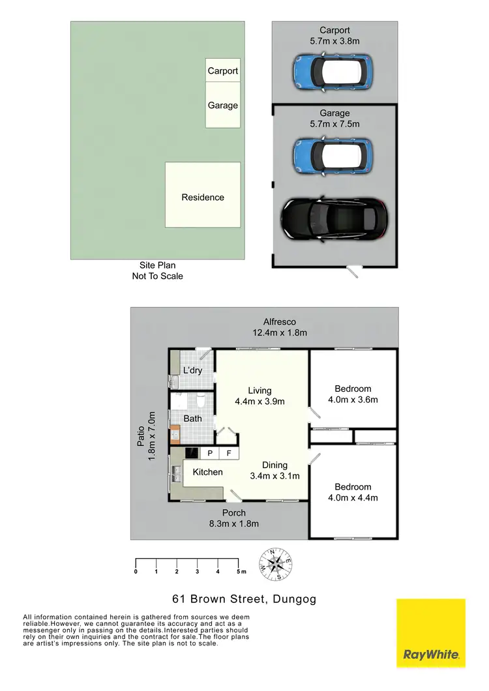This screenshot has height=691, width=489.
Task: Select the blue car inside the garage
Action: pyautogui.click(x=332, y=154)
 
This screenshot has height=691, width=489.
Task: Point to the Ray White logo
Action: pyautogui.click(x=431, y=633)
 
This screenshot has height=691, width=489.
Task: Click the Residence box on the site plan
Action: pyautogui.click(x=202, y=196)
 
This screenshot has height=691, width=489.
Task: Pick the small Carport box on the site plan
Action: pyautogui.click(x=222, y=71)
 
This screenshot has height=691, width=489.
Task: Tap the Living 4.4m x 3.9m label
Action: pyautogui.click(x=259, y=396)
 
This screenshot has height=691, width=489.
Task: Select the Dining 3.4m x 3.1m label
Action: pyautogui.click(x=274, y=470)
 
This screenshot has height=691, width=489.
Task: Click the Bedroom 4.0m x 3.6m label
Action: pyautogui.click(x=353, y=394)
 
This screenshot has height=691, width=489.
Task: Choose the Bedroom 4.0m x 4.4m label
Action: pyautogui.click(x=353, y=492)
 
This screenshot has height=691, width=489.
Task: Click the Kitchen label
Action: pyautogui.click(x=207, y=472)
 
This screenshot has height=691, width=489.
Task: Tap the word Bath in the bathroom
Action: pyautogui.click(x=192, y=419)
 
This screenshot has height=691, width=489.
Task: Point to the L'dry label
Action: pyautogui.click(x=193, y=370)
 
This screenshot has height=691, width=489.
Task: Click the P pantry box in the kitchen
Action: pyautogui.click(x=211, y=453)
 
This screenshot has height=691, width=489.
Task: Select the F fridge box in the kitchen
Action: pyautogui.click(x=229, y=453)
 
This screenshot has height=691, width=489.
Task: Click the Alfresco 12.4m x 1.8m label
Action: pyautogui.click(x=280, y=327)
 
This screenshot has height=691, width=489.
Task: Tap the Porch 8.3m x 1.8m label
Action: pyautogui.click(x=233, y=518)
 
